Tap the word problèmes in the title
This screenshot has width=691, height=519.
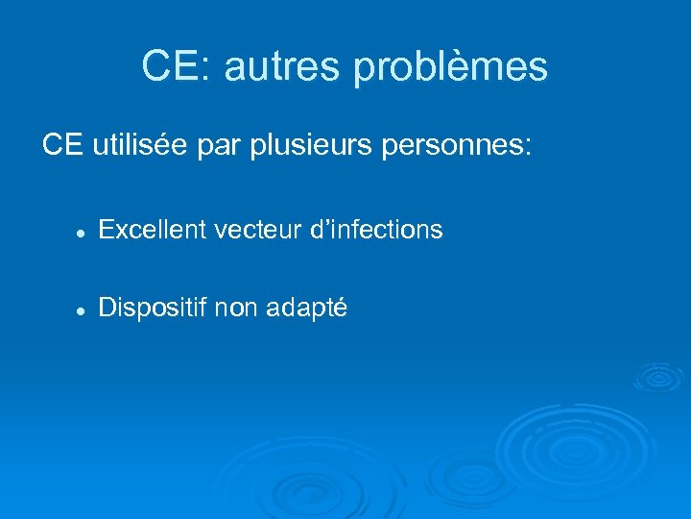tap(450, 68)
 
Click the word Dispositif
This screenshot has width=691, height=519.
tap(153, 309)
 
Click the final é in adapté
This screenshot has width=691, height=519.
tap(341, 309)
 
